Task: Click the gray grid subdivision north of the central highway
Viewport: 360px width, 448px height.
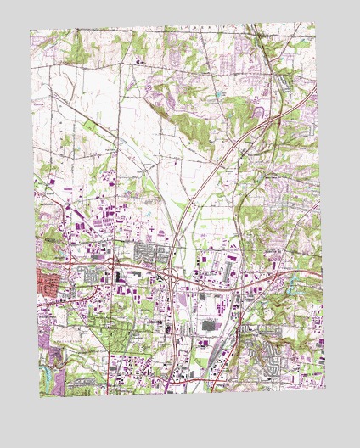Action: [x=151, y=253]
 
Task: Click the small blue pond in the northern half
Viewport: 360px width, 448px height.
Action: [x=222, y=88]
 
